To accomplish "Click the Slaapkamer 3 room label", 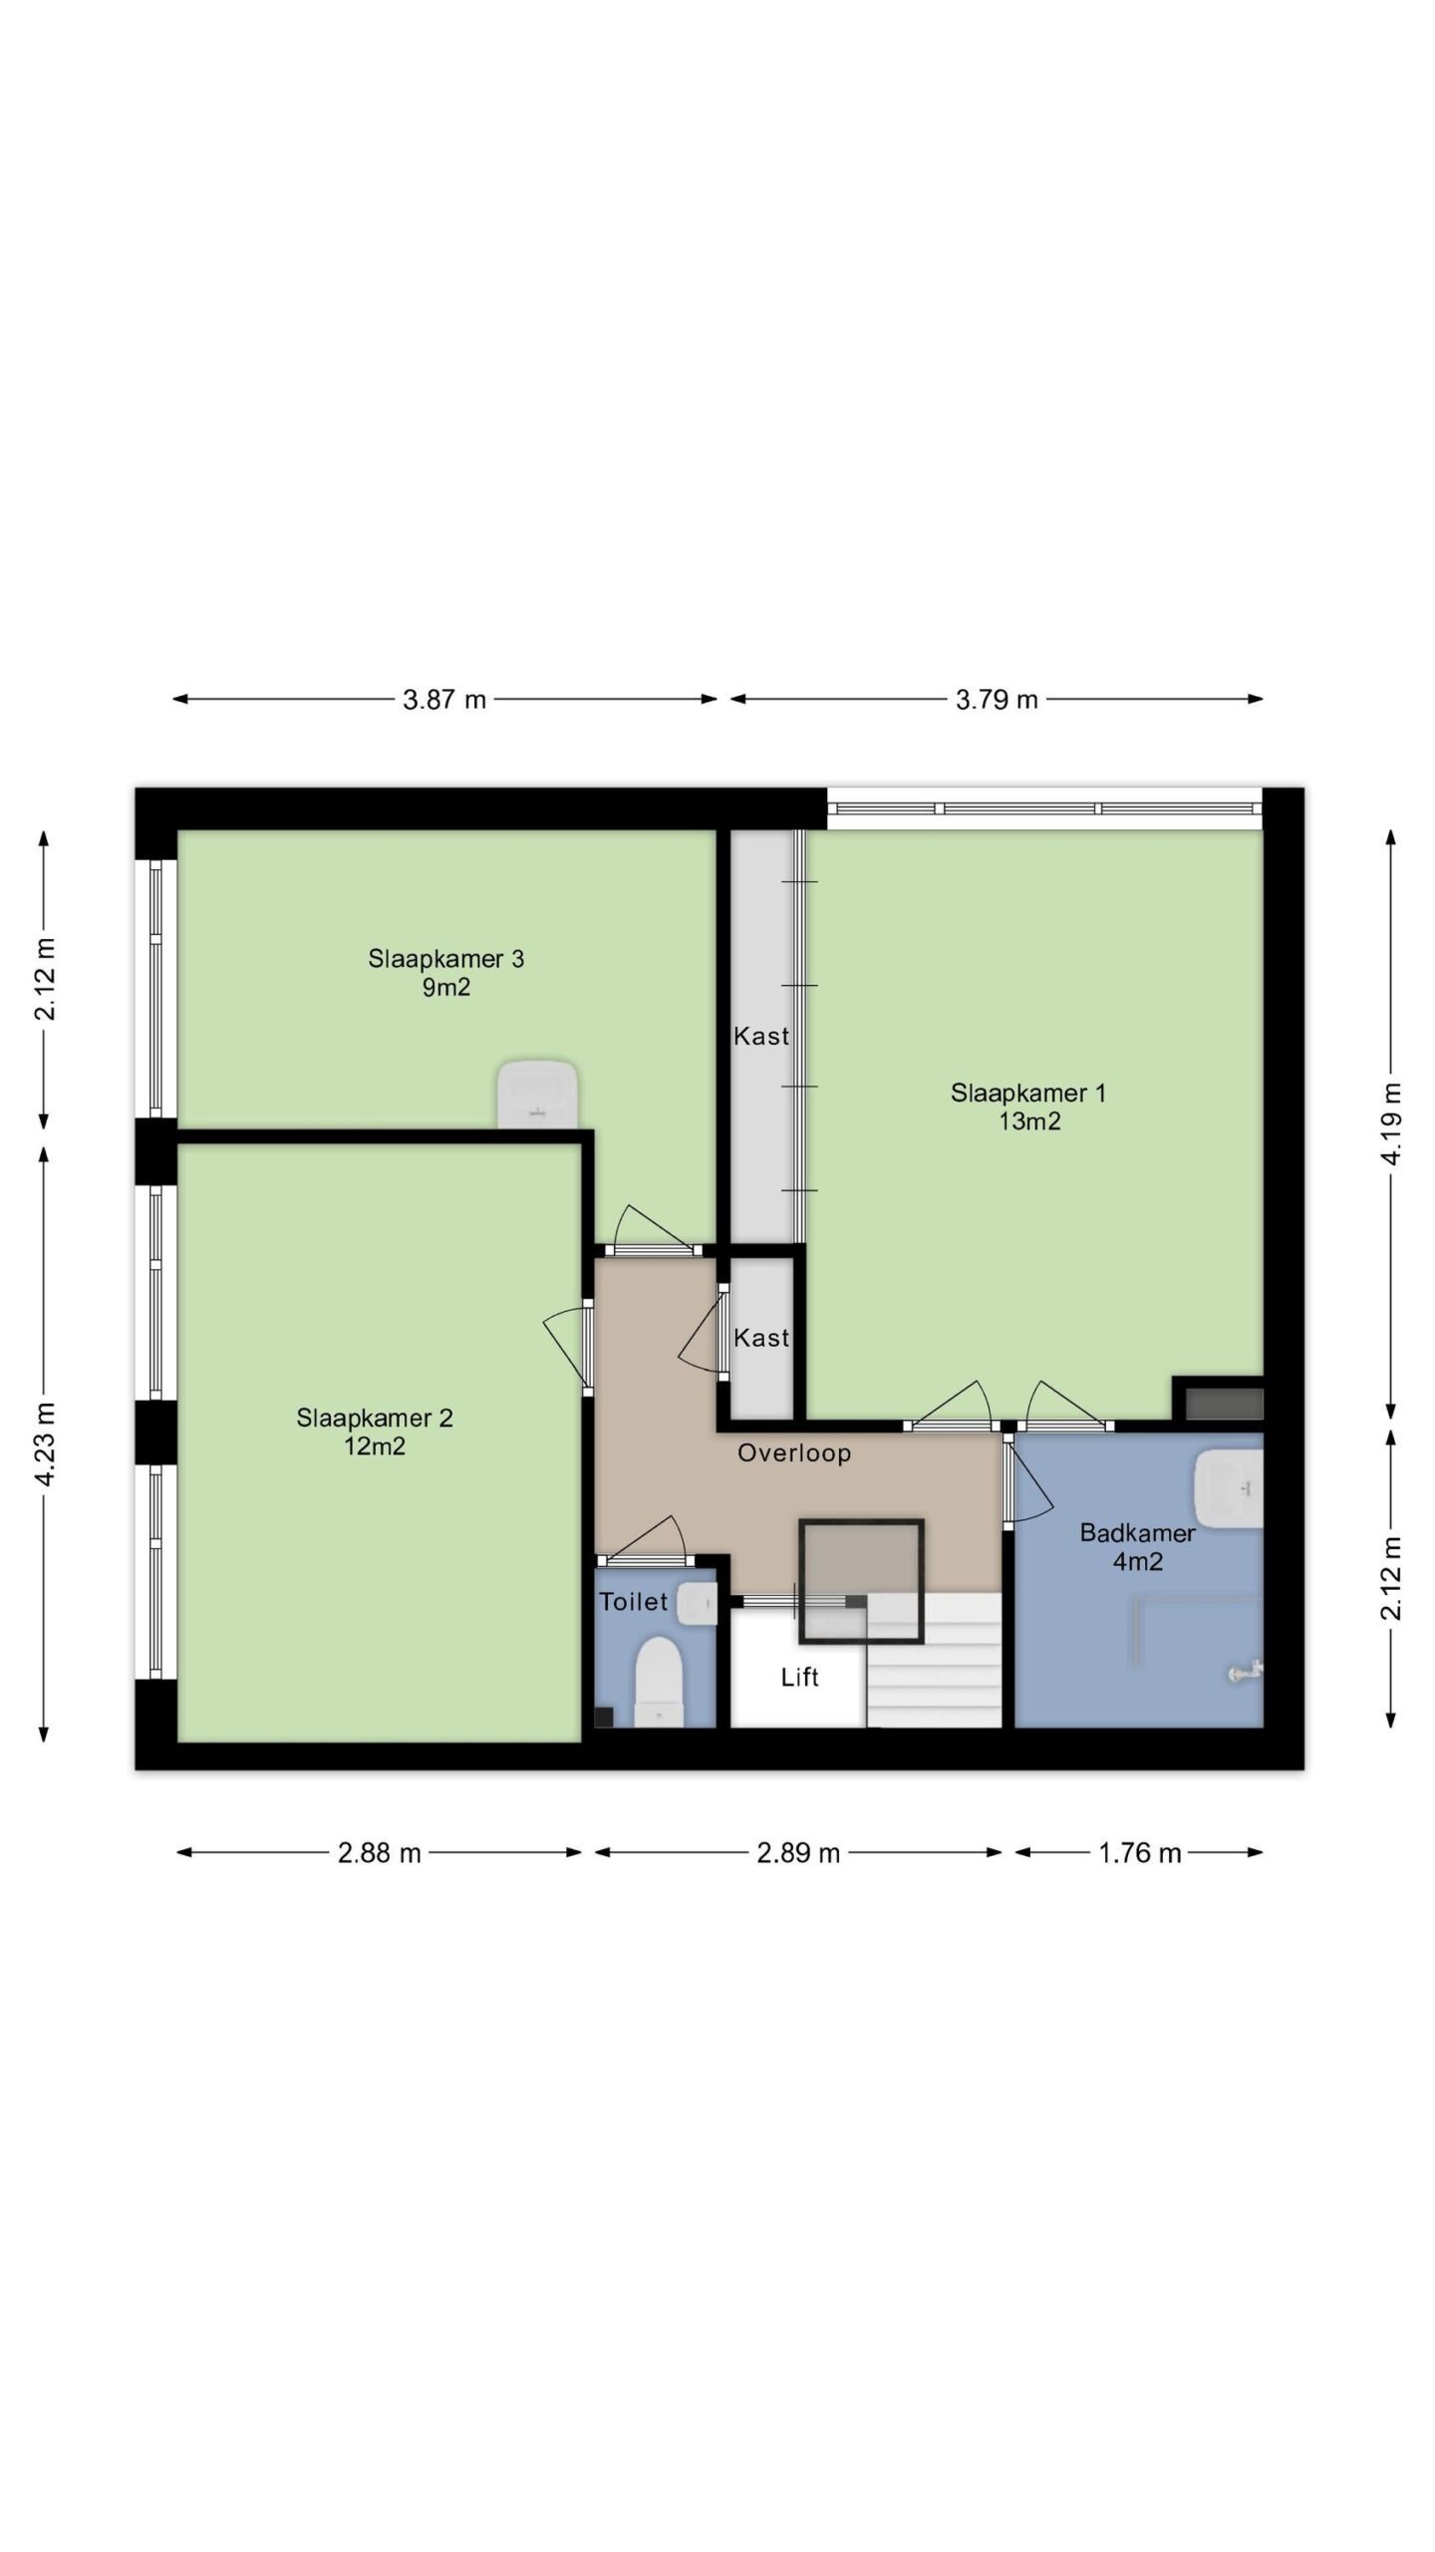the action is coord(445,959).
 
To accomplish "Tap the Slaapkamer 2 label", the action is coord(375,1419).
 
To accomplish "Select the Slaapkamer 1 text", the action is coord(1028,1093).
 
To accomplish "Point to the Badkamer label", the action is coord(1137,1532).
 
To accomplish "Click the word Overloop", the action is coord(794,1453).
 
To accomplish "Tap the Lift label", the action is coord(800,1677).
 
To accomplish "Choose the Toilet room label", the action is coord(633,1602).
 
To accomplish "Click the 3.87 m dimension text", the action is coord(444,700).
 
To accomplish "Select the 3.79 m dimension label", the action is coord(997,700).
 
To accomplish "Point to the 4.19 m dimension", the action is coord(1392,1122).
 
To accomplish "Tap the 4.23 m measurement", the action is coord(45,1442).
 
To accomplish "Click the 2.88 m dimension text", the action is coord(380,1853).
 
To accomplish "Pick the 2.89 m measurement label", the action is coord(798,1853).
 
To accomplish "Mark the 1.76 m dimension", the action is coord(1140,1853).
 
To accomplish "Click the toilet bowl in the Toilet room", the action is coord(659,1684).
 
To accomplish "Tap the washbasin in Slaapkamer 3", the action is coord(538,1094).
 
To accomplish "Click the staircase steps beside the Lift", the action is coord(934,1660).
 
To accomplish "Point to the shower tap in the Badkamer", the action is coord(1246,1671).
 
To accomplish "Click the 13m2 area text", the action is coord(1029,1121).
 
